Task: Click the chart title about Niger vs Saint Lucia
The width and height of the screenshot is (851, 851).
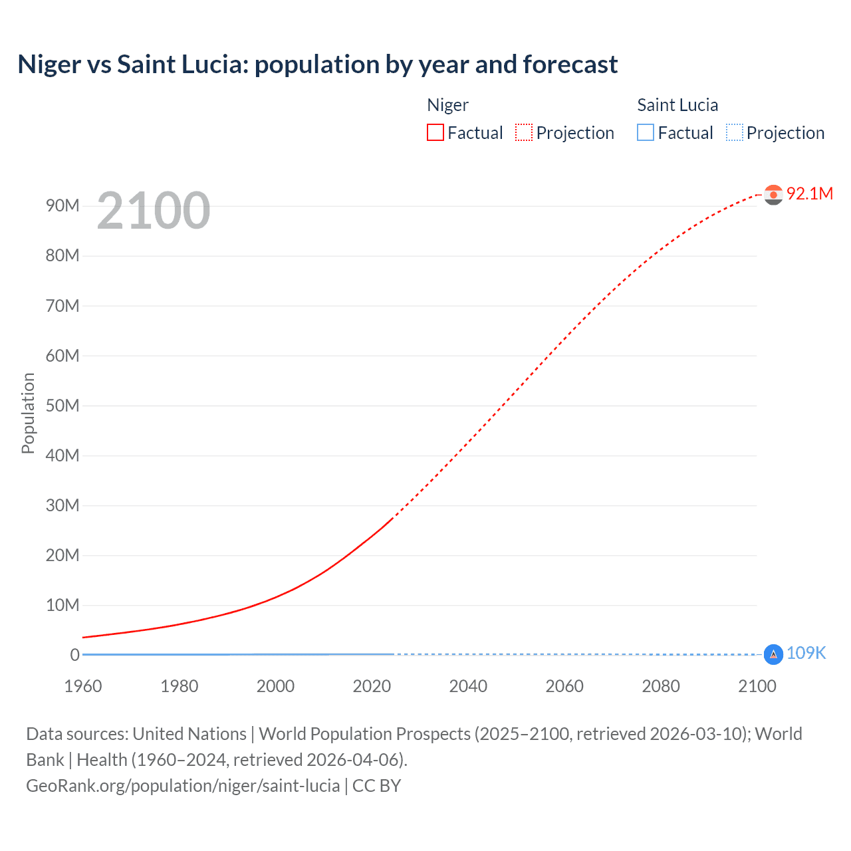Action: (x=317, y=64)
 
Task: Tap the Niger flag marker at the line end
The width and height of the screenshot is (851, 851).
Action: (x=773, y=194)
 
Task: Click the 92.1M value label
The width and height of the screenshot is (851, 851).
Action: (x=809, y=193)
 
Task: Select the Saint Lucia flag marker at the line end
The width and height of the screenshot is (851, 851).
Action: (x=773, y=655)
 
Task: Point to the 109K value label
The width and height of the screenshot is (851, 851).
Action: (x=806, y=654)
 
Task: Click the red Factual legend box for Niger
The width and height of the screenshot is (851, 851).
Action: (x=435, y=133)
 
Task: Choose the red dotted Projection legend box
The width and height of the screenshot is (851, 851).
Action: (x=524, y=133)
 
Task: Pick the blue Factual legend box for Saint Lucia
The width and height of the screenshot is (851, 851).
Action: (x=646, y=133)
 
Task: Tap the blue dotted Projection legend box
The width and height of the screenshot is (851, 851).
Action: (x=734, y=133)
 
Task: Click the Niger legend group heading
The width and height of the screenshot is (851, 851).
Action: (x=447, y=105)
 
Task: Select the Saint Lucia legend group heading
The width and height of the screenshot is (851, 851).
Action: (x=677, y=105)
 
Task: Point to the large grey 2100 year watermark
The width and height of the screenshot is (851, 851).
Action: (x=154, y=211)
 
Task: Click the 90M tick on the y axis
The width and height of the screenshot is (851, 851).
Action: (x=62, y=205)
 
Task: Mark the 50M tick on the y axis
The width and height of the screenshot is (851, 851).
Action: (x=62, y=406)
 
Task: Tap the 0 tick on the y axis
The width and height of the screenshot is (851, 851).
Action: (x=74, y=655)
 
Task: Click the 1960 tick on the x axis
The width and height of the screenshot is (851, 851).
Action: (x=83, y=686)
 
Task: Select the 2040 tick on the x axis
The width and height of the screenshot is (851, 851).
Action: (x=468, y=686)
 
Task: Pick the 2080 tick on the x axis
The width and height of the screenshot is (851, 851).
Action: (x=661, y=686)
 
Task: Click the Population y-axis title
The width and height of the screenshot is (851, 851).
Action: (x=28, y=413)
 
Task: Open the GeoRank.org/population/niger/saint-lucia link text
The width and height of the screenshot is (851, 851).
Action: (x=183, y=786)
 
